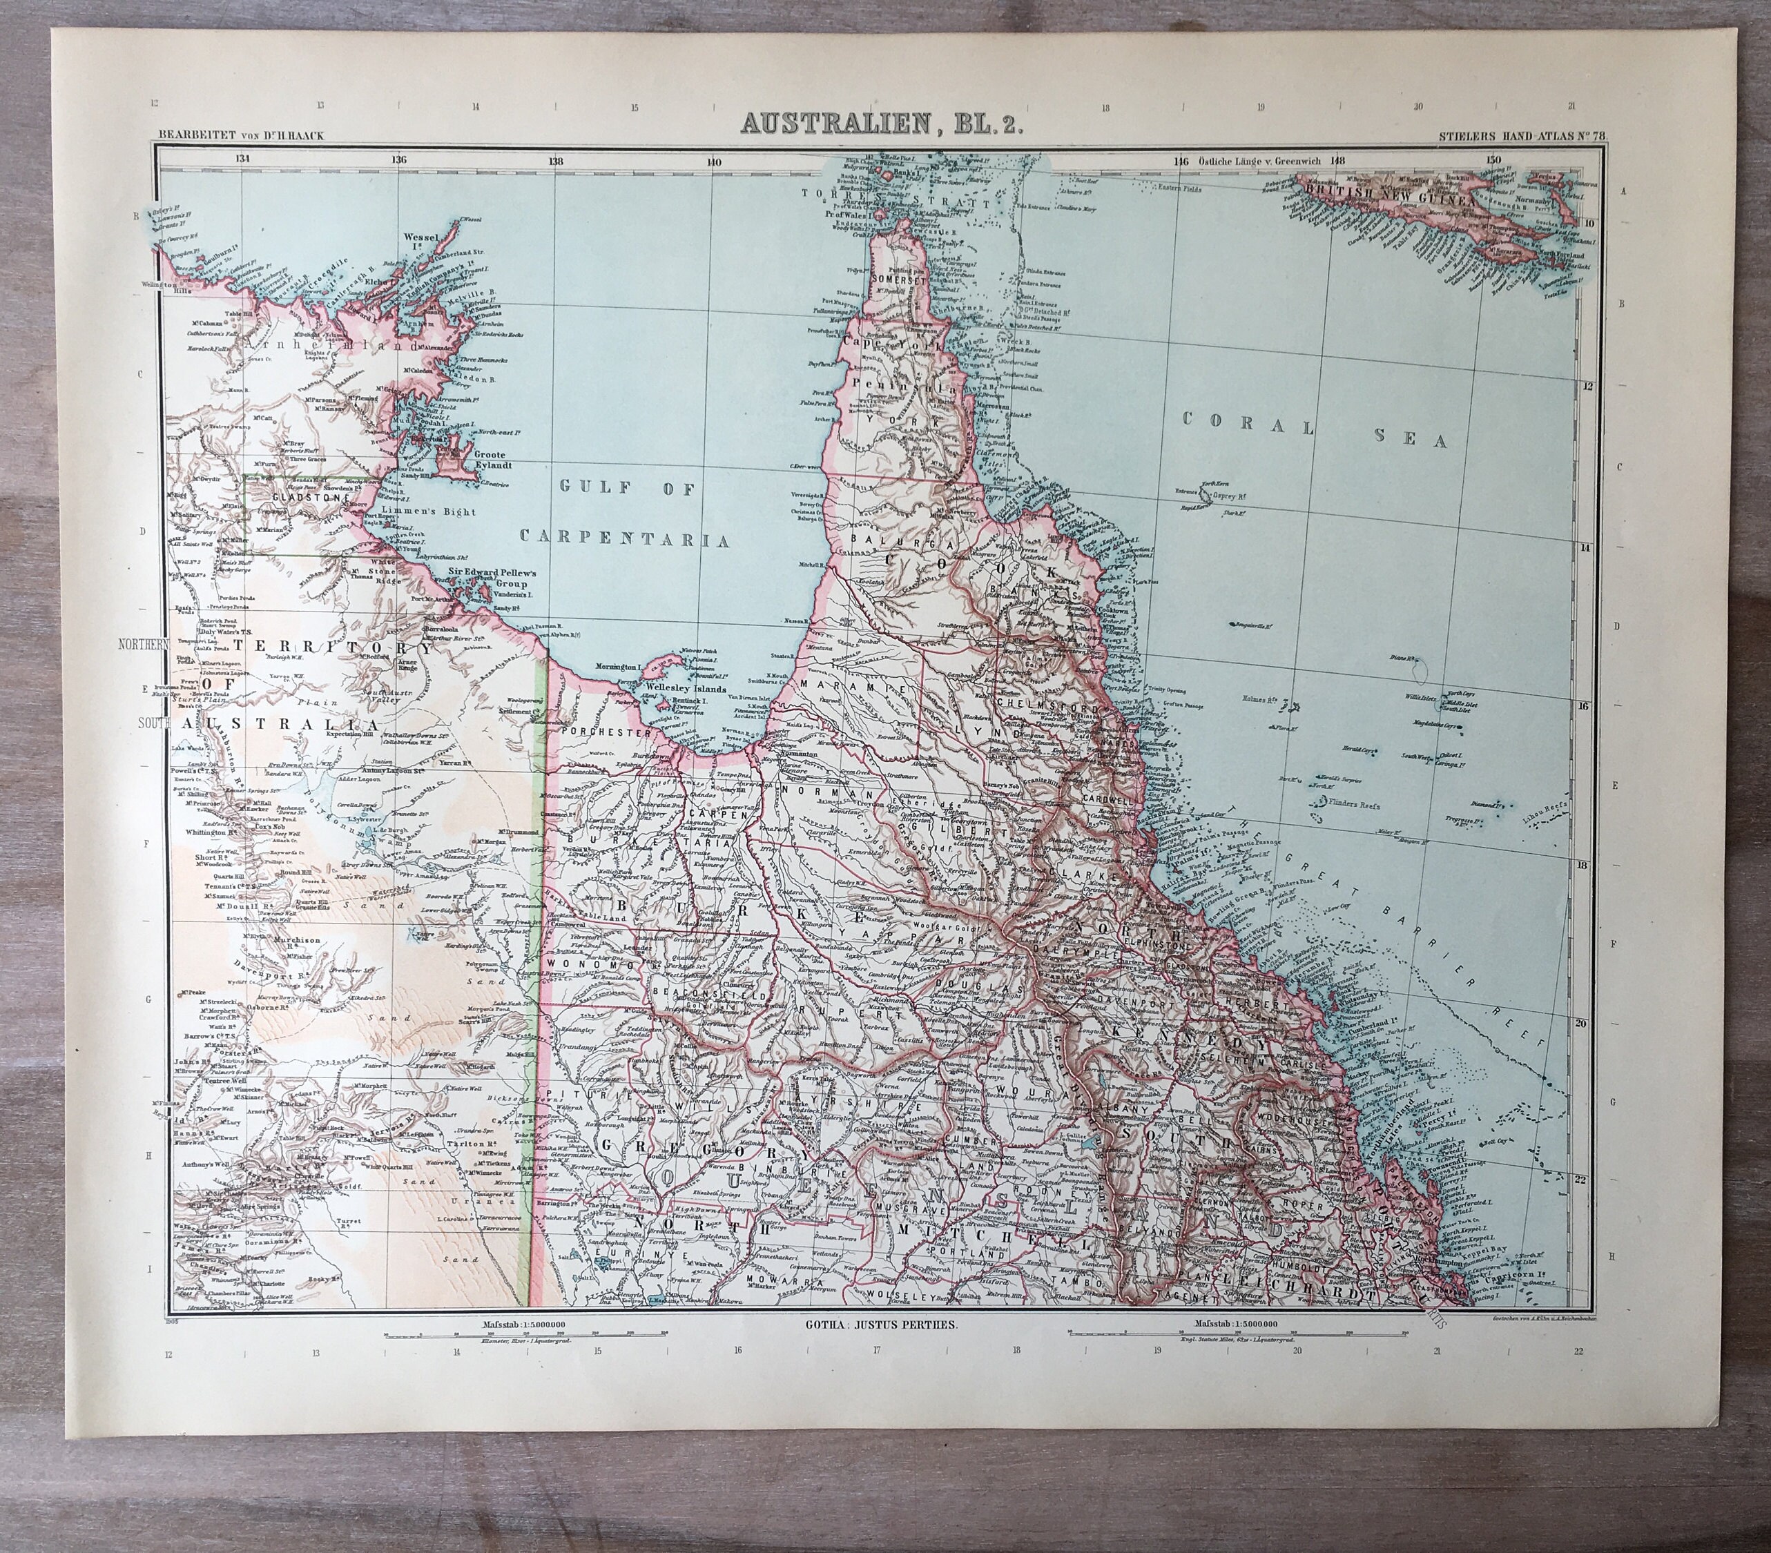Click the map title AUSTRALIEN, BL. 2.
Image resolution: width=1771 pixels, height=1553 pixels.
click(882, 125)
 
